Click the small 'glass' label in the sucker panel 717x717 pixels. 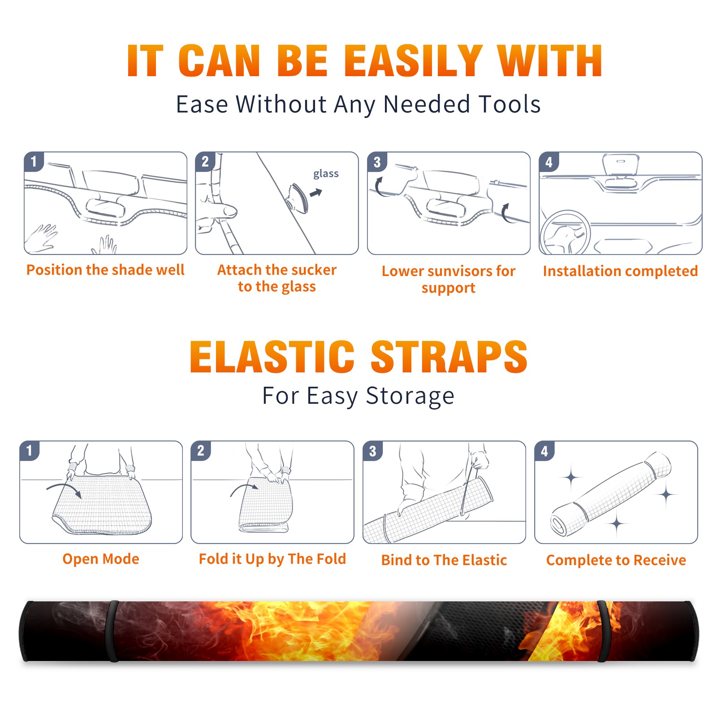[326, 174]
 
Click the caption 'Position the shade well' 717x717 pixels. [105, 270]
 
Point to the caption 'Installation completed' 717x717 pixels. [620, 271]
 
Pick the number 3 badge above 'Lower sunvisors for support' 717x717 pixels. [377, 162]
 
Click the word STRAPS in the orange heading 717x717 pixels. [449, 357]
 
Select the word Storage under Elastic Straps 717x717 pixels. [410, 396]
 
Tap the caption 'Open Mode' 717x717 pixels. [101, 559]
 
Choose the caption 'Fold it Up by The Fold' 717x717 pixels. [272, 559]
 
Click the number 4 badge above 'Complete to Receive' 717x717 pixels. [544, 451]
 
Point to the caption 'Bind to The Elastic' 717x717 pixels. [444, 560]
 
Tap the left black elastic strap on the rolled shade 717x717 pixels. [112, 631]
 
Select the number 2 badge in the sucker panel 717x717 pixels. [205, 162]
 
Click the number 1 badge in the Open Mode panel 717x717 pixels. [30, 451]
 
